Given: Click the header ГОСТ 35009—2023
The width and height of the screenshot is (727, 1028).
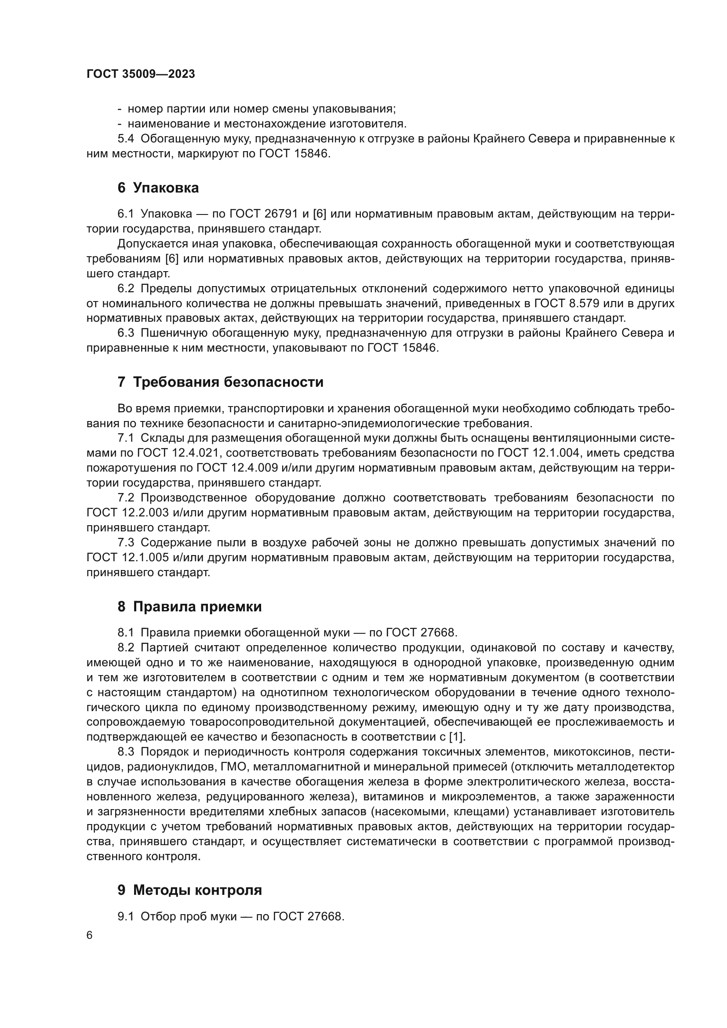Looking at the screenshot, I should pos(141,74).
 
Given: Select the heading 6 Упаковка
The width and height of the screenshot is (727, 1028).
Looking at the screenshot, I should pos(158,188).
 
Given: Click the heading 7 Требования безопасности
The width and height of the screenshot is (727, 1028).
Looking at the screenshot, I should pos(220,382).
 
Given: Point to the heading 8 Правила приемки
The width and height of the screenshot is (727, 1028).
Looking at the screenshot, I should pos(189,607).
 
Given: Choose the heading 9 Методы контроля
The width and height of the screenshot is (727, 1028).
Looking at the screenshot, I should pos(189,890).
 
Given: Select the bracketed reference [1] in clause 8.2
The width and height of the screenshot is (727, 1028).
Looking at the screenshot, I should pos(457,737).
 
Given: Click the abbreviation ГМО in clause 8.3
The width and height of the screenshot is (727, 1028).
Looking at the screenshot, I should pos(234,767).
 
